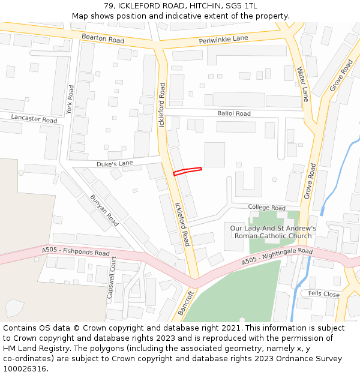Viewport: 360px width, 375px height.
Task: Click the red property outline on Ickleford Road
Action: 187,171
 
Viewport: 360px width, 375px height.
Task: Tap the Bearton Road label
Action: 103,40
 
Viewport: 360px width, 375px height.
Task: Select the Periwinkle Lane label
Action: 223,40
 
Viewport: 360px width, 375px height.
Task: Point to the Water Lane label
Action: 303,84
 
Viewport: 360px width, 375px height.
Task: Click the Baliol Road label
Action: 234,113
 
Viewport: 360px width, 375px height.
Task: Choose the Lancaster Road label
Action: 34,119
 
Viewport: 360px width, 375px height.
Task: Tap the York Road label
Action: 70,100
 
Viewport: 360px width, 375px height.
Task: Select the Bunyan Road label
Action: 104,210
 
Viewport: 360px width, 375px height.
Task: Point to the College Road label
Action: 267,208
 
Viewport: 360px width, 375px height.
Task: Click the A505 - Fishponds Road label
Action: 76,252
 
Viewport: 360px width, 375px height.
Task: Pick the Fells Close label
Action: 324,294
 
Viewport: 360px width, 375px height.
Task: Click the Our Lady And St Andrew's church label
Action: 273,232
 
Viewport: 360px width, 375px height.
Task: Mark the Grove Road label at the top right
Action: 341,76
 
